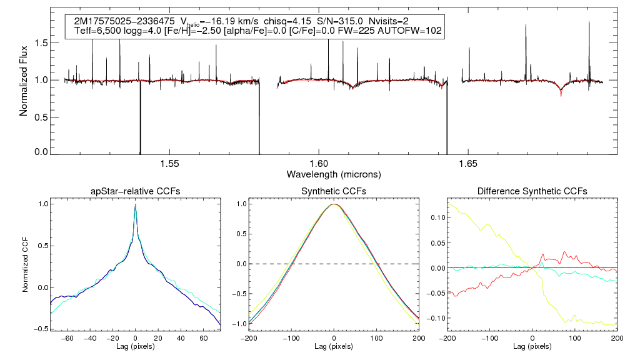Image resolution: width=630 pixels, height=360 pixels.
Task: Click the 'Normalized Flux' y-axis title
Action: (x=24, y=81)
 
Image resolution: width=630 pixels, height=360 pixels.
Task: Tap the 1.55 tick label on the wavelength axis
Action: (x=170, y=164)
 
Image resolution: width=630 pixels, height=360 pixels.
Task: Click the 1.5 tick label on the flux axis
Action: (x=42, y=43)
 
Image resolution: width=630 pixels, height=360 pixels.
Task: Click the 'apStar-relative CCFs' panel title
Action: (x=135, y=191)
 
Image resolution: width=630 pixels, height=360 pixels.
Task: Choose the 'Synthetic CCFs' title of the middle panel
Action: (x=334, y=191)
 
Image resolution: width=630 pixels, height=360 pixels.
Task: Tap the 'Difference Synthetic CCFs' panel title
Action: (x=532, y=191)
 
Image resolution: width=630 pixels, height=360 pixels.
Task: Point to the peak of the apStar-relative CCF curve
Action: (x=135, y=205)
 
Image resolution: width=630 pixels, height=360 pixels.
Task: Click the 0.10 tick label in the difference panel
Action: (x=437, y=217)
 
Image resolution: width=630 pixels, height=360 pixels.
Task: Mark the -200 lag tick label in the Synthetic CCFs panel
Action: (x=249, y=337)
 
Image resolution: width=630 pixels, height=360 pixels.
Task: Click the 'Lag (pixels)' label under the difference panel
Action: (x=532, y=346)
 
